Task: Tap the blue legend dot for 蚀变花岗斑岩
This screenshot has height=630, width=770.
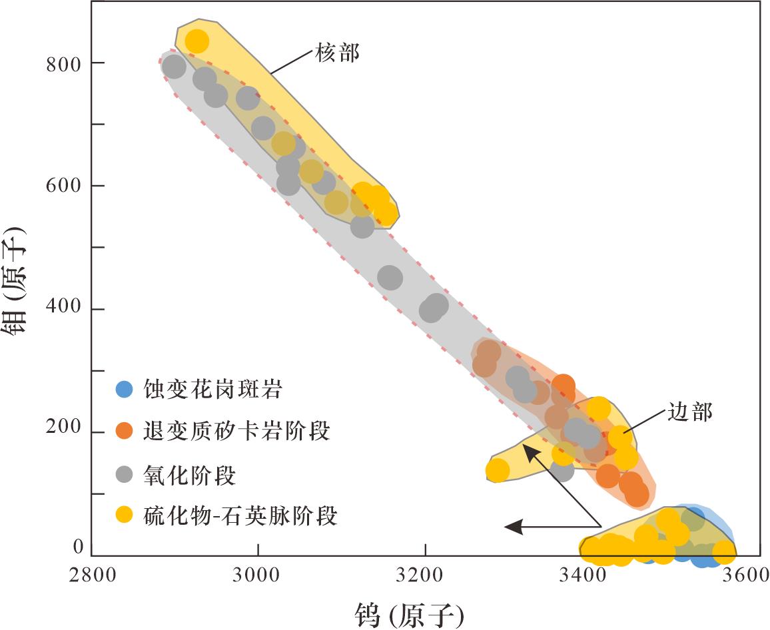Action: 125,390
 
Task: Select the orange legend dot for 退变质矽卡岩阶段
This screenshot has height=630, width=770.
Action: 125,432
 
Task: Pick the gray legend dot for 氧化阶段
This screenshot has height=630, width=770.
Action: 125,475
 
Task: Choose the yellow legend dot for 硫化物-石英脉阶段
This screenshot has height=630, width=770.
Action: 125,515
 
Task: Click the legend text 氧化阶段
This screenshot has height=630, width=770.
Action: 190,475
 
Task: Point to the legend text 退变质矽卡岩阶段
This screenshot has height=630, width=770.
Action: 236,432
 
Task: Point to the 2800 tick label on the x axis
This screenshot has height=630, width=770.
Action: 91,575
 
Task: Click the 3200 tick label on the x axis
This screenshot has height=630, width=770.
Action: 424,575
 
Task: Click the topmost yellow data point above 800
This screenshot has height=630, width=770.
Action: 196,41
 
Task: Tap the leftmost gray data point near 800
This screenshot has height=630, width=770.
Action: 174,67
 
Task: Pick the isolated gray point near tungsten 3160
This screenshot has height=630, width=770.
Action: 390,278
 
